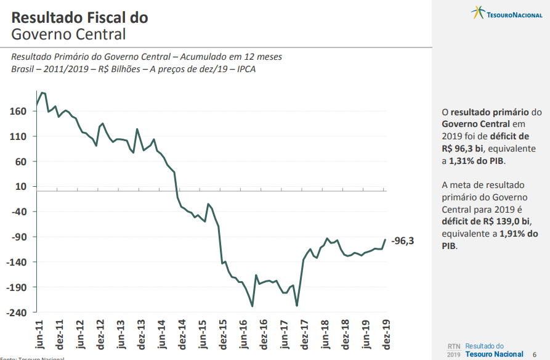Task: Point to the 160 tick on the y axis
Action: coord(18,111)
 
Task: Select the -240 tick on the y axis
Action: coord(17,313)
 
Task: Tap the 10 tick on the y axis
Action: coord(21,186)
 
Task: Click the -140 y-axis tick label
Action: coord(17,262)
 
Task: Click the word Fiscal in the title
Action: coord(110,17)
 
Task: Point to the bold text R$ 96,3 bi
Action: coord(463,149)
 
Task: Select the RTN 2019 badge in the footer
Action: coord(453,350)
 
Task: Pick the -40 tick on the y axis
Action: coord(18,211)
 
